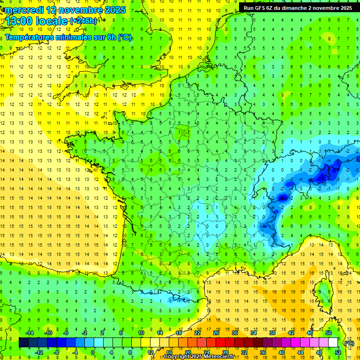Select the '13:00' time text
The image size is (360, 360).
click(x=18, y=22)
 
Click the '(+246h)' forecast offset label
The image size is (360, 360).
click(x=83, y=21)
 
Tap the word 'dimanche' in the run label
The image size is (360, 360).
click(x=302, y=8)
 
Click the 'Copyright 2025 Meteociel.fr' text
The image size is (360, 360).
click(x=199, y=357)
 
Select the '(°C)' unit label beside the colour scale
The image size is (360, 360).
click(x=349, y=343)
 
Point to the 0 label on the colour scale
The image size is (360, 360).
click(x=93, y=352)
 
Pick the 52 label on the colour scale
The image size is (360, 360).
click(x=338, y=352)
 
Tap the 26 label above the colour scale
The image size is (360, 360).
click(x=216, y=333)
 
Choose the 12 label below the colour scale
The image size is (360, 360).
click(x=150, y=352)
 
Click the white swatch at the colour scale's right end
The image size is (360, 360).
click(x=333, y=343)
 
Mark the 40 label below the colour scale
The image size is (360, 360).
click(x=282, y=352)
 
